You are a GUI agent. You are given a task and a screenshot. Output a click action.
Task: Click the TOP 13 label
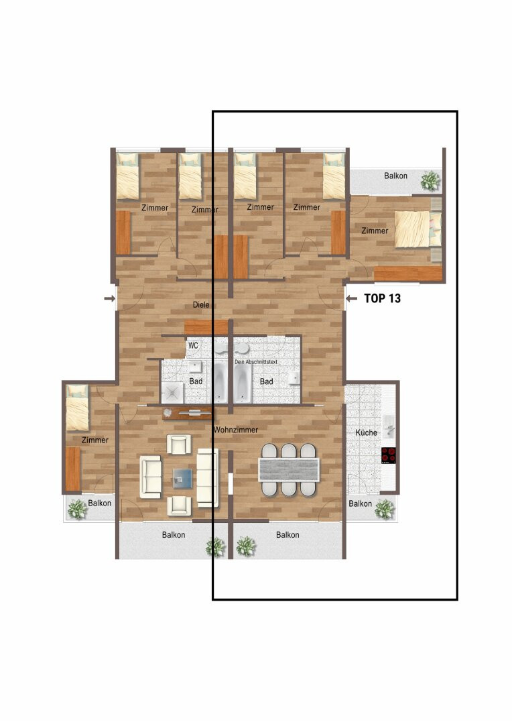coord(382,298)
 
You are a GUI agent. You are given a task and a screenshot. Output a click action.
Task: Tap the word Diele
coord(201,305)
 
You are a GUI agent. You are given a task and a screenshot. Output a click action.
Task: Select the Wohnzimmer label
coord(235,430)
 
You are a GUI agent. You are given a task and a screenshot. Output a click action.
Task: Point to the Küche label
coord(366,432)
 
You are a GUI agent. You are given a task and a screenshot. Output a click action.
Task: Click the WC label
coord(193,345)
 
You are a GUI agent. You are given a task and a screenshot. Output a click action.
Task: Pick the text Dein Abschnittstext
coord(256,362)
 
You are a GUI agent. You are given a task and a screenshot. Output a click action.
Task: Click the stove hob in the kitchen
coord(389,455)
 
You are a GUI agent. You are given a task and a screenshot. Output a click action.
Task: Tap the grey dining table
coord(289,469)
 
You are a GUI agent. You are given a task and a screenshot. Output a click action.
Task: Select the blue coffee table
coord(183,479)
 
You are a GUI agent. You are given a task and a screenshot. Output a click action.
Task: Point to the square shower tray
coord(173,394)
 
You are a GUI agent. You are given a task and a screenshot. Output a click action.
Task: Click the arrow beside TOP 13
coord(351,299)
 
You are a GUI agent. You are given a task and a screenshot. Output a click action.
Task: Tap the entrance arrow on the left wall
coord(109,299)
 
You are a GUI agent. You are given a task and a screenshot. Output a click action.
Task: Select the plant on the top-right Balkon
coord(430,180)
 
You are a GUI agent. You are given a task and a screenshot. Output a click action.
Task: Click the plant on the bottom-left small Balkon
coord(78,509)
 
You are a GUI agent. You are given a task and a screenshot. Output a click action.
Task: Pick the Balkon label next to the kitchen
coord(360,503)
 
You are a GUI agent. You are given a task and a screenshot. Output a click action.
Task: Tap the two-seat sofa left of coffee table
coord(151,477)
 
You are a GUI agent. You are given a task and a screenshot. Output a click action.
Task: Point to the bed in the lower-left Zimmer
coord(77,408)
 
